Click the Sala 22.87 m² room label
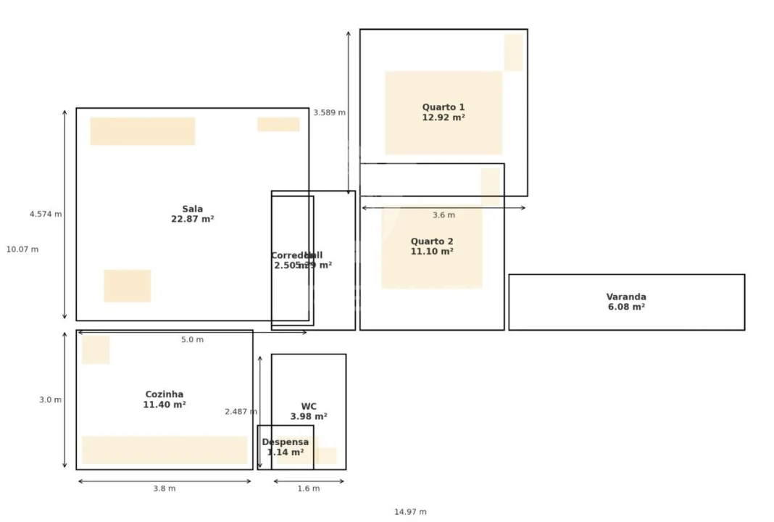pyautogui.click(x=192, y=214)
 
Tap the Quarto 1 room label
pyautogui.click(x=444, y=112)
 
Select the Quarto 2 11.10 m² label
pyautogui.click(x=432, y=246)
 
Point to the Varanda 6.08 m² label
pyautogui.click(x=626, y=302)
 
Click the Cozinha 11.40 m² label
pyautogui.click(x=165, y=399)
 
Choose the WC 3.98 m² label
pyautogui.click(x=309, y=412)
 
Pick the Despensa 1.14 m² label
pyautogui.click(x=285, y=447)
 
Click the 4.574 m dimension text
pyautogui.click(x=46, y=215)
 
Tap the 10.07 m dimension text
pyautogui.click(x=22, y=249)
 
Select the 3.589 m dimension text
pyautogui.click(x=329, y=113)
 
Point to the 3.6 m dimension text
pyautogui.click(x=444, y=215)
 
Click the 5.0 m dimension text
pyautogui.click(x=192, y=340)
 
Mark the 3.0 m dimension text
pyautogui.click(x=50, y=400)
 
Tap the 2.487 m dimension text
pyautogui.click(x=241, y=412)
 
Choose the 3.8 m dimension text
pyautogui.click(x=164, y=489)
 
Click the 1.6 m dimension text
pyautogui.click(x=308, y=489)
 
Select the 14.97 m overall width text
pyautogui.click(x=410, y=512)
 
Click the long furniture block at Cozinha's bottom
pyautogui.click(x=165, y=449)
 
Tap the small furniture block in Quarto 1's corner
pyautogui.click(x=513, y=52)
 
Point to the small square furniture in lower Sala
pyautogui.click(x=127, y=286)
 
